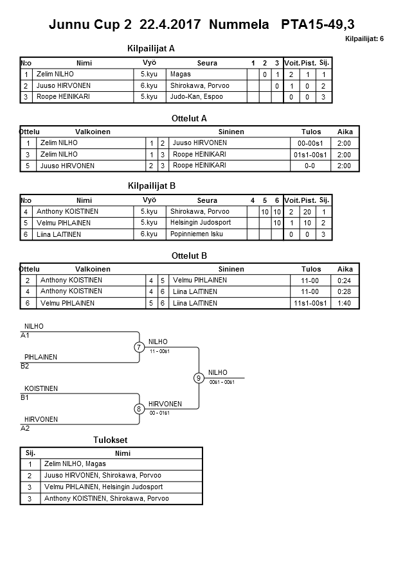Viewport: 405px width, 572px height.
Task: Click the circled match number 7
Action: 139,347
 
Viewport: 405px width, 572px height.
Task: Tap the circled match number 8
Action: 139,409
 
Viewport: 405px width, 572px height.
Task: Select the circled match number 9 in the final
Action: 199,378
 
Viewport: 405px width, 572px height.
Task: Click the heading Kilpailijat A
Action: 152,48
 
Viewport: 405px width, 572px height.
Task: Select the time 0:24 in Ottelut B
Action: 345,280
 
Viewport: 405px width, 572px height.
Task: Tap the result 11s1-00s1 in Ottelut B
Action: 310,303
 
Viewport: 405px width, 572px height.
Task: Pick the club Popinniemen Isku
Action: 197,234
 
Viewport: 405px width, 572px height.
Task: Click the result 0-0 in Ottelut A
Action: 310,166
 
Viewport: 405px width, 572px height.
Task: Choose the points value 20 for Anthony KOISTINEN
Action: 308,212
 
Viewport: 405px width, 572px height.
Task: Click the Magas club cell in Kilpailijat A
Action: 180,74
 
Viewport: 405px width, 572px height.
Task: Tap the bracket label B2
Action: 25,367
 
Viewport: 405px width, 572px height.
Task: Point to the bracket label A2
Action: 25,428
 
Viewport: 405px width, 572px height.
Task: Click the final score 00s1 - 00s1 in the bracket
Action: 222,383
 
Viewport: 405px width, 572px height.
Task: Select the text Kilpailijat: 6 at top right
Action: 364,39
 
